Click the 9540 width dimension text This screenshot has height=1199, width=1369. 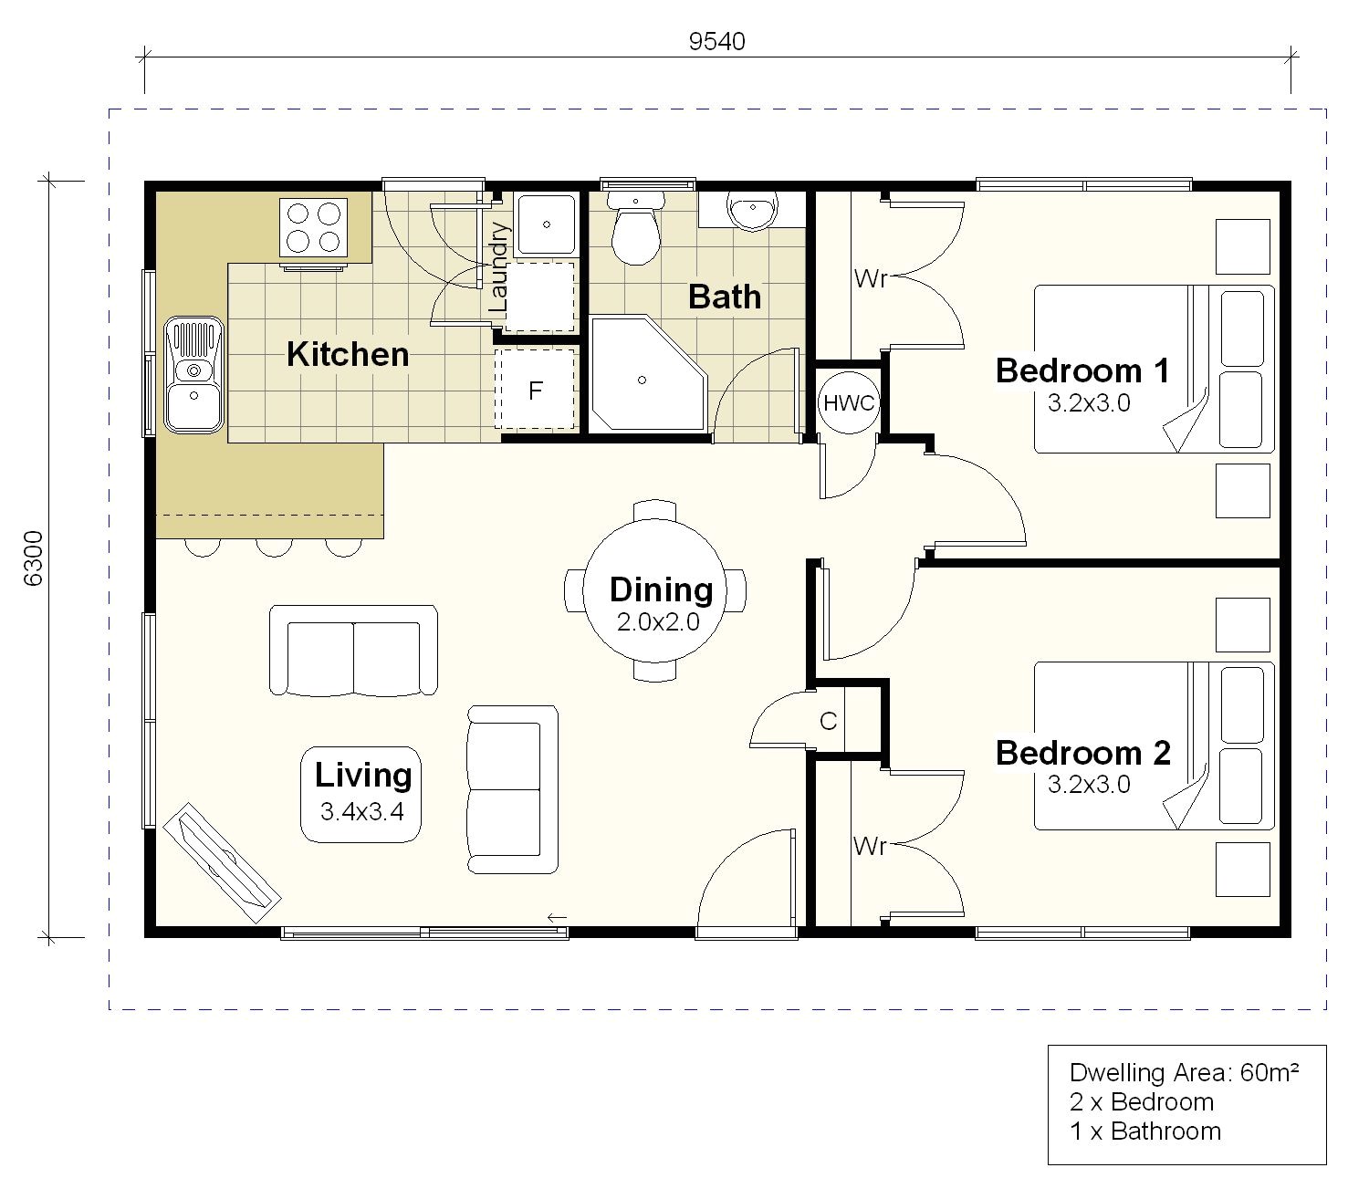click(x=716, y=42)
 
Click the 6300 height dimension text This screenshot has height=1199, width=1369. click(x=33, y=558)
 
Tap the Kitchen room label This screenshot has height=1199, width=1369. click(x=348, y=354)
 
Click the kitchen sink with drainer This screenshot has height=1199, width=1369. click(x=193, y=375)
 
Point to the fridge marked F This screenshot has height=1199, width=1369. click(x=535, y=389)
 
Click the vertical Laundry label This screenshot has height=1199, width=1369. click(x=498, y=267)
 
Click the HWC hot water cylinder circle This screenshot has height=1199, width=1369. click(x=849, y=403)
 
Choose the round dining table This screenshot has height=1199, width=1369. click(x=654, y=591)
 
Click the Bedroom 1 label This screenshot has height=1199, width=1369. click(x=1082, y=370)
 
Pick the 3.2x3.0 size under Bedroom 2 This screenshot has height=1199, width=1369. click(x=1089, y=784)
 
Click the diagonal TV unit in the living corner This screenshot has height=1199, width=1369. click(x=222, y=863)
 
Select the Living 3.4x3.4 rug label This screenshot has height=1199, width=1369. click(x=361, y=794)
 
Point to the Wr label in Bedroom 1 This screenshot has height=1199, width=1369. click(x=871, y=278)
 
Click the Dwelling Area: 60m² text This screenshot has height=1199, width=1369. click(x=1184, y=1073)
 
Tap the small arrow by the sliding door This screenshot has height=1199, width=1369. click(x=557, y=917)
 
